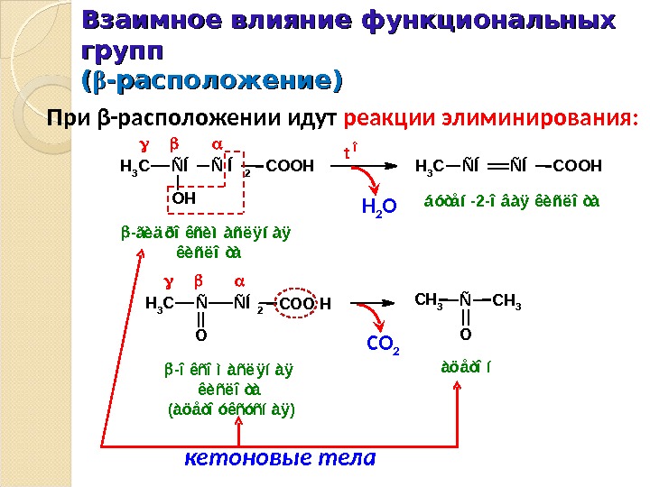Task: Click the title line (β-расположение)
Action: click(x=211, y=82)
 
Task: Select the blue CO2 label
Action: click(x=384, y=343)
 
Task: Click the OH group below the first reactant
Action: click(x=184, y=197)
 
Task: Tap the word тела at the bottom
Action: click(x=347, y=458)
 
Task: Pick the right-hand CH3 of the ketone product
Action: click(x=507, y=299)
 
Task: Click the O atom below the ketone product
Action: click(x=465, y=335)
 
